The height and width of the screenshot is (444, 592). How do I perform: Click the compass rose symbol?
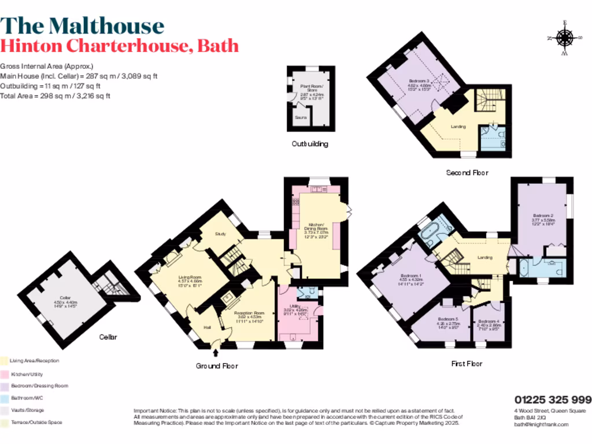[x=564, y=39]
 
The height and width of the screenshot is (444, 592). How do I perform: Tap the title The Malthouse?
[x=82, y=25]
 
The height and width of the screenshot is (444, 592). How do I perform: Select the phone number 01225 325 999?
[x=553, y=399]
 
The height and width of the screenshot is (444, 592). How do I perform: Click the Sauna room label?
[x=301, y=117]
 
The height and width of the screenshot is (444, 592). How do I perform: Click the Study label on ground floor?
[x=220, y=234]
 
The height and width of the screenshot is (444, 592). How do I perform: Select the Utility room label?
[x=295, y=310]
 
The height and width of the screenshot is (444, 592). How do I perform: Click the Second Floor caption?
[x=467, y=172]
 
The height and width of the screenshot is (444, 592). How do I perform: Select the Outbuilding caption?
[x=310, y=144]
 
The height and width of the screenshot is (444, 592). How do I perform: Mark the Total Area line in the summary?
[x=55, y=96]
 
